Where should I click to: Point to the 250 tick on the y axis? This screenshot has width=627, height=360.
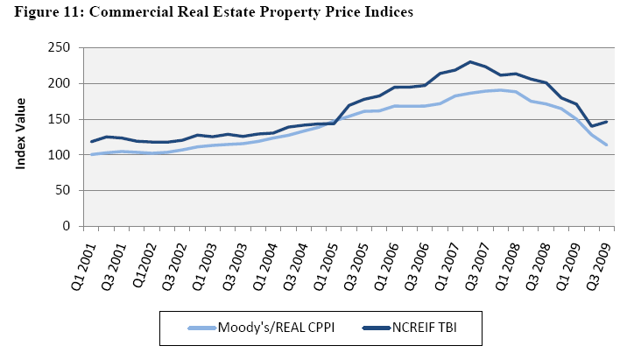click(x=61, y=47)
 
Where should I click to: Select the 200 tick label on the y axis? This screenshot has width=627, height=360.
click(x=61, y=83)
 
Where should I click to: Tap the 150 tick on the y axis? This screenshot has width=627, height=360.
click(x=61, y=119)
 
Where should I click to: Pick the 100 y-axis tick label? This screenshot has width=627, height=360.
click(x=61, y=155)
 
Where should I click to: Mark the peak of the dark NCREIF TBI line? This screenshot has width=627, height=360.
click(x=470, y=61)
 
